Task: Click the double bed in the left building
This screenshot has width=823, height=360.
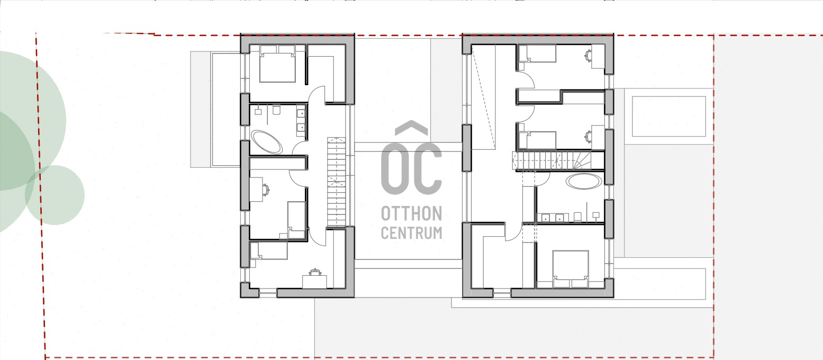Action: (x=277, y=64)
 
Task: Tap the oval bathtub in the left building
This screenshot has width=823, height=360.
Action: (x=267, y=142)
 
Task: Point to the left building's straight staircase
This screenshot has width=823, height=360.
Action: (x=337, y=182)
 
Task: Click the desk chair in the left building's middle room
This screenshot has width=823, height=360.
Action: (x=266, y=190)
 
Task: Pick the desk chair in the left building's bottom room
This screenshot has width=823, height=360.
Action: (x=315, y=272)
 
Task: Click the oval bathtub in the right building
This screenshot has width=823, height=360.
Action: (x=584, y=182)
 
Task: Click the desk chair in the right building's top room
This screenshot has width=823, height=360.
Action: (x=588, y=56)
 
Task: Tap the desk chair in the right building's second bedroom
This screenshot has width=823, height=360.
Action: (x=588, y=137)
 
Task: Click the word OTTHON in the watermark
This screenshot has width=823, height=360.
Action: (x=412, y=213)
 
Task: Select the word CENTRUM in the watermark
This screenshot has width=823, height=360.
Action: (x=412, y=233)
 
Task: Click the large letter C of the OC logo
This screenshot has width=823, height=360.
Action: (x=427, y=168)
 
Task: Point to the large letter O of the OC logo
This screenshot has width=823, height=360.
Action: (x=395, y=168)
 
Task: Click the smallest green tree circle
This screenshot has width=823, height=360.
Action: (x=55, y=195)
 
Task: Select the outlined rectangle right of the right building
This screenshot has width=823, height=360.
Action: (x=668, y=116)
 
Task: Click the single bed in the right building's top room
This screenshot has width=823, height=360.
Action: (x=537, y=53)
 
